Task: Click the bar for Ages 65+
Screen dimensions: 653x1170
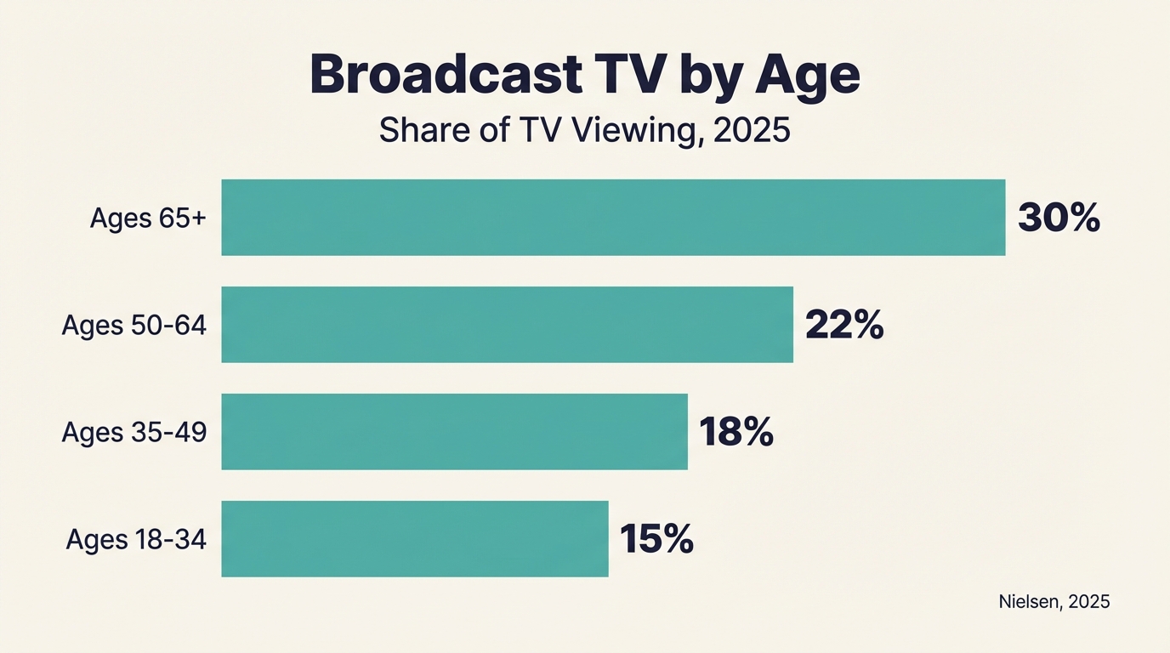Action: (613, 218)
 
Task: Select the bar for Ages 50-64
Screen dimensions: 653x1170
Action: (507, 325)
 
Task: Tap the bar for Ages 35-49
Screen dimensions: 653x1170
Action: (454, 432)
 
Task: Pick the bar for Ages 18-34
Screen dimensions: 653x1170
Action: (415, 539)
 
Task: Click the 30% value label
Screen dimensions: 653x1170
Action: (1059, 219)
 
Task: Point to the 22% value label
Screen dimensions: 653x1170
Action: (844, 326)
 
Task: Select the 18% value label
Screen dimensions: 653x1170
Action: (736, 433)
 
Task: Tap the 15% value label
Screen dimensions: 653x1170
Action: (656, 540)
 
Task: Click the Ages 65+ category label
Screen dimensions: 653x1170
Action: (148, 219)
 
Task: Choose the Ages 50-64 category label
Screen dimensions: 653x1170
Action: (134, 326)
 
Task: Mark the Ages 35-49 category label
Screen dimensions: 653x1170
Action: (134, 433)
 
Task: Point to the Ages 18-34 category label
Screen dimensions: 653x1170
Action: (136, 540)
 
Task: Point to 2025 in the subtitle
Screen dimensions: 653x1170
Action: (753, 131)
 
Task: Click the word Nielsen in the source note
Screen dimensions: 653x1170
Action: (1029, 602)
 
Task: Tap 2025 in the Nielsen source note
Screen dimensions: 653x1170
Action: (1089, 602)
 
